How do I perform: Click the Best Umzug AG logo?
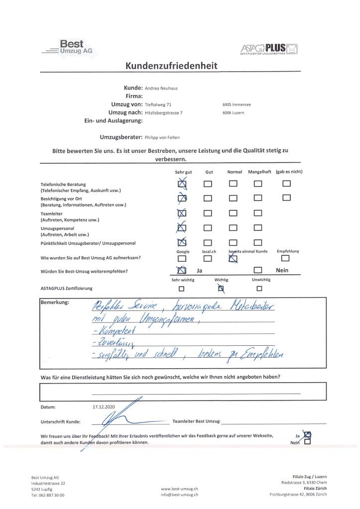[68, 48]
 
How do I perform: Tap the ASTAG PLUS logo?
[269, 49]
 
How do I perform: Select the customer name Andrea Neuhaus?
[161, 88]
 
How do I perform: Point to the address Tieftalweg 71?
[158, 105]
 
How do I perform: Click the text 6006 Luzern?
[233, 113]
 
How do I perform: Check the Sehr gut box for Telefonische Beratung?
[182, 184]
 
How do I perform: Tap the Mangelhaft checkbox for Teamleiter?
[257, 213]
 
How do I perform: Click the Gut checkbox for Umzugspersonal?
[208, 228]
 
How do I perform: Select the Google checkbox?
[182, 258]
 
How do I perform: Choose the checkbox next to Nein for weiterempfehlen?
[257, 271]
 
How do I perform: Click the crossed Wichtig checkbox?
[221, 288]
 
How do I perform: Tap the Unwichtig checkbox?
[259, 288]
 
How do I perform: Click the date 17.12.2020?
[104, 407]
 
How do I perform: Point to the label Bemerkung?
[55, 303]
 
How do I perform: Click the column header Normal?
[235, 172]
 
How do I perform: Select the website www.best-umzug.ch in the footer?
[180, 489]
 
